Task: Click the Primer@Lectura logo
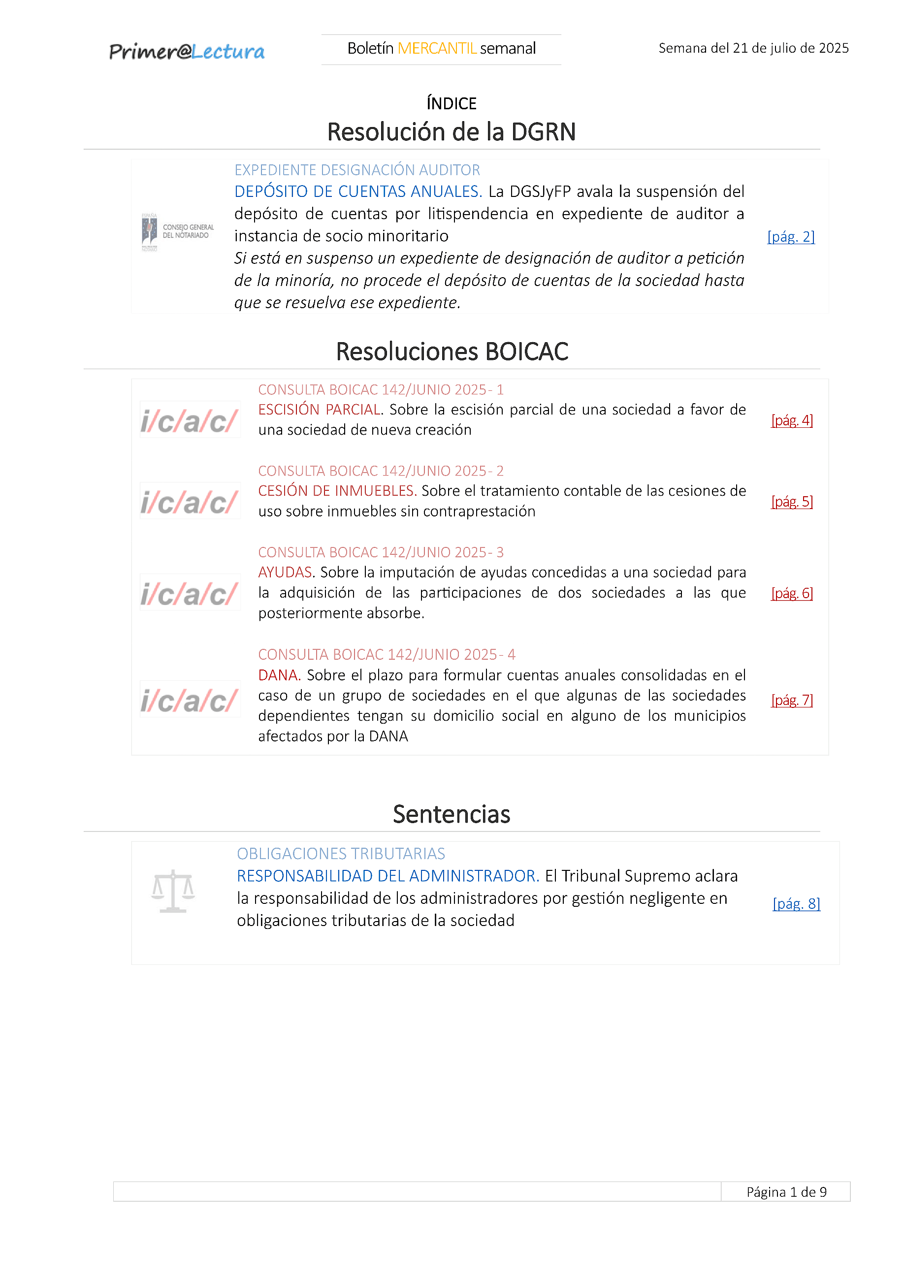187,51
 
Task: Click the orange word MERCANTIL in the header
437,48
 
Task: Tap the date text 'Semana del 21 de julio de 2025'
753,48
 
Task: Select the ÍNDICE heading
452,103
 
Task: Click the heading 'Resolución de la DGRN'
452,132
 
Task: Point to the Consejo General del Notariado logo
178,231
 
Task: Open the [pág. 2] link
790,237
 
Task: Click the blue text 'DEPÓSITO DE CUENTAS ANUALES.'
358,192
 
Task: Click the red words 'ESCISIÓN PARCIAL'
320,410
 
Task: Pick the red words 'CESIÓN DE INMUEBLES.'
337,491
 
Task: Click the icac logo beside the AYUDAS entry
190,593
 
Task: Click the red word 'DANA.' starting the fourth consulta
279,675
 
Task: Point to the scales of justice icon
173,891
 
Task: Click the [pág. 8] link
796,903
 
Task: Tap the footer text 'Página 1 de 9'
786,1192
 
